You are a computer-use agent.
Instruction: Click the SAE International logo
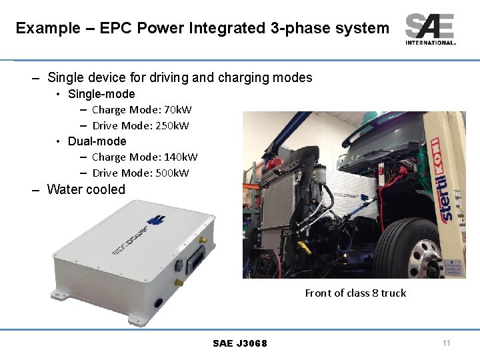click(430, 29)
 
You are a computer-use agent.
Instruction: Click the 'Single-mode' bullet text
click(101, 94)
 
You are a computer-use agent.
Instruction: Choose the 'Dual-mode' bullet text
click(97, 141)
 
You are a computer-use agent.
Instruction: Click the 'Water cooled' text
click(86, 189)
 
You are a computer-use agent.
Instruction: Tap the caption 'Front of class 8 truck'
click(355, 293)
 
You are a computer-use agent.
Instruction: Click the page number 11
click(447, 343)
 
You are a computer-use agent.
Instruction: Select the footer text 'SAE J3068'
click(240, 343)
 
